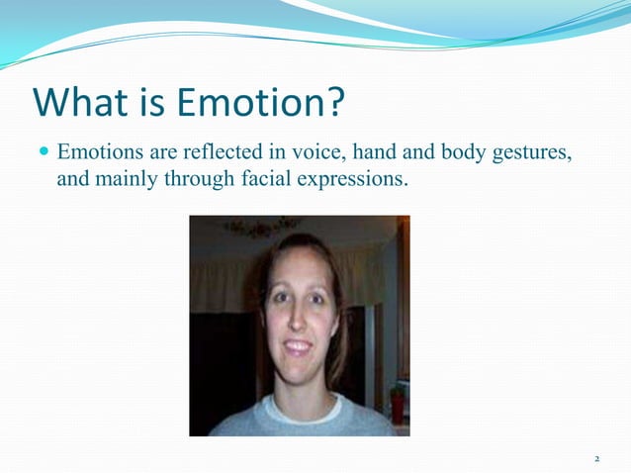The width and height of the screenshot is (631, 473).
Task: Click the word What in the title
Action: pyautogui.click(x=82, y=102)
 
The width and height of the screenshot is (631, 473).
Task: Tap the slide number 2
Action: pyautogui.click(x=596, y=459)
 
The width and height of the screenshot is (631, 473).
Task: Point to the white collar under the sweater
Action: pyautogui.click(x=297, y=403)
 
